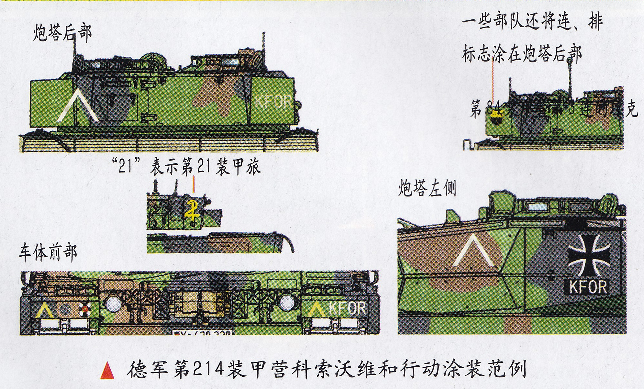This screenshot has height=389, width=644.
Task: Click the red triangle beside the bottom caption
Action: point(107,371)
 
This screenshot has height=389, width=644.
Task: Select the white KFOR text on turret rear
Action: point(273,102)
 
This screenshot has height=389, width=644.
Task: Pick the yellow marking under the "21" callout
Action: point(192,210)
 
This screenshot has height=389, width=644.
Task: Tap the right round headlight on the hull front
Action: point(287,303)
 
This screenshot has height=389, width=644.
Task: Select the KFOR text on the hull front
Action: point(347,309)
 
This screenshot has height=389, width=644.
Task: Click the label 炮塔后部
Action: point(62,33)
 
